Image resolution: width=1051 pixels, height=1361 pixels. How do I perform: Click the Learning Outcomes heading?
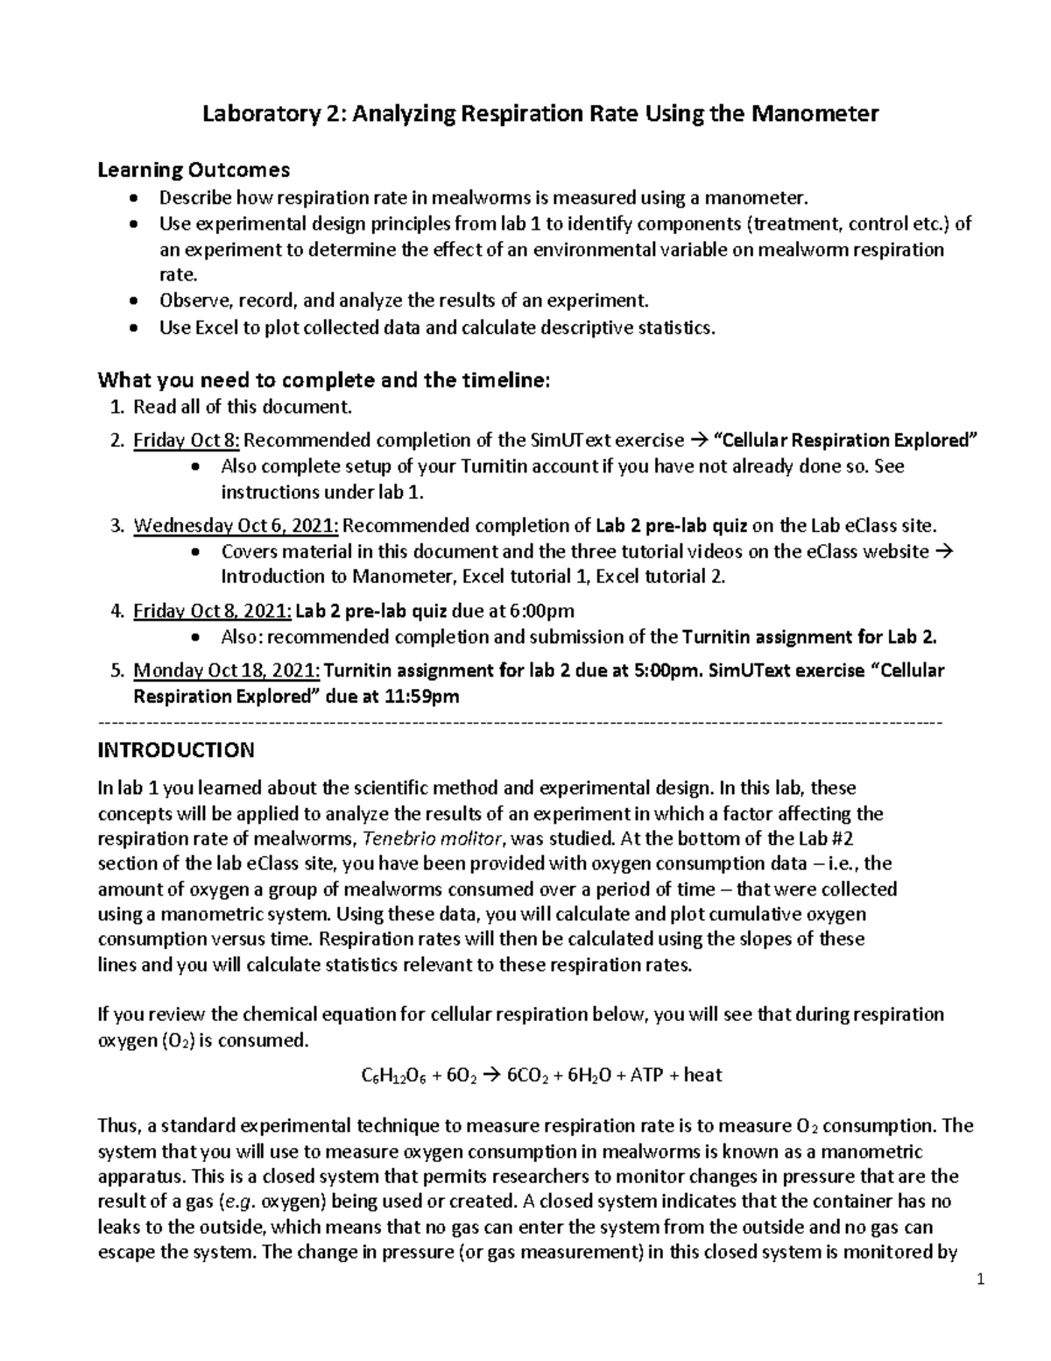(x=194, y=168)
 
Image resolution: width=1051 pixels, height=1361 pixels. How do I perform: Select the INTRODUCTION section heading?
(x=176, y=750)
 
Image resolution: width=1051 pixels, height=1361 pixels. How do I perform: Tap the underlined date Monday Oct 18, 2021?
(x=227, y=671)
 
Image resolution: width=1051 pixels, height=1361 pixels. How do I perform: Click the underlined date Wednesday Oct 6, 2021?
(x=236, y=526)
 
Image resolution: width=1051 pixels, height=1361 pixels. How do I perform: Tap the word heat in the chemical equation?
(x=702, y=1074)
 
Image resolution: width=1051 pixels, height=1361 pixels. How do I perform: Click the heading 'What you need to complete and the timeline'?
(x=324, y=380)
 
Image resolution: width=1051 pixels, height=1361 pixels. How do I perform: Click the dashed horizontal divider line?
(x=522, y=723)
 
